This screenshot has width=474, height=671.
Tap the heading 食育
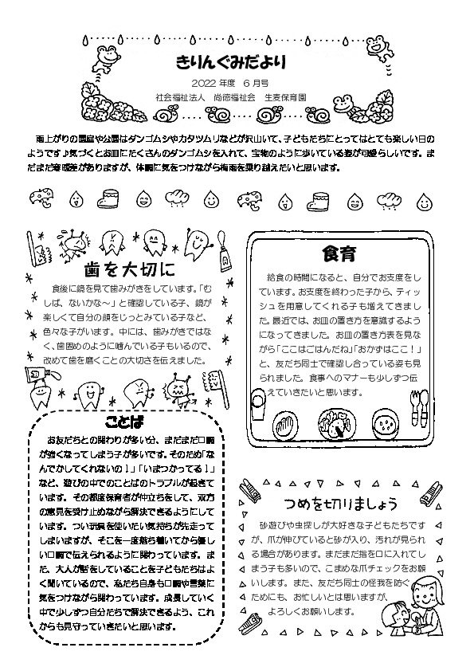[x=338, y=254]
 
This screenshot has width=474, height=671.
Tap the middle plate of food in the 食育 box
[x=337, y=422]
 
